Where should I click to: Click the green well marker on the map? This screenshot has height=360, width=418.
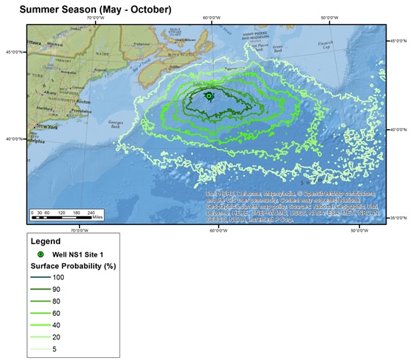(209, 96)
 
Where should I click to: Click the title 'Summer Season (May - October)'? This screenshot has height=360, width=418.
(95, 10)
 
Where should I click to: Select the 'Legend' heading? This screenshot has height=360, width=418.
(46, 240)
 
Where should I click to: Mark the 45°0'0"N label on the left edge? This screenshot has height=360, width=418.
(13, 52)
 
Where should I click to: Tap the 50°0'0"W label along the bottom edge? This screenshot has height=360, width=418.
(359, 231)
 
